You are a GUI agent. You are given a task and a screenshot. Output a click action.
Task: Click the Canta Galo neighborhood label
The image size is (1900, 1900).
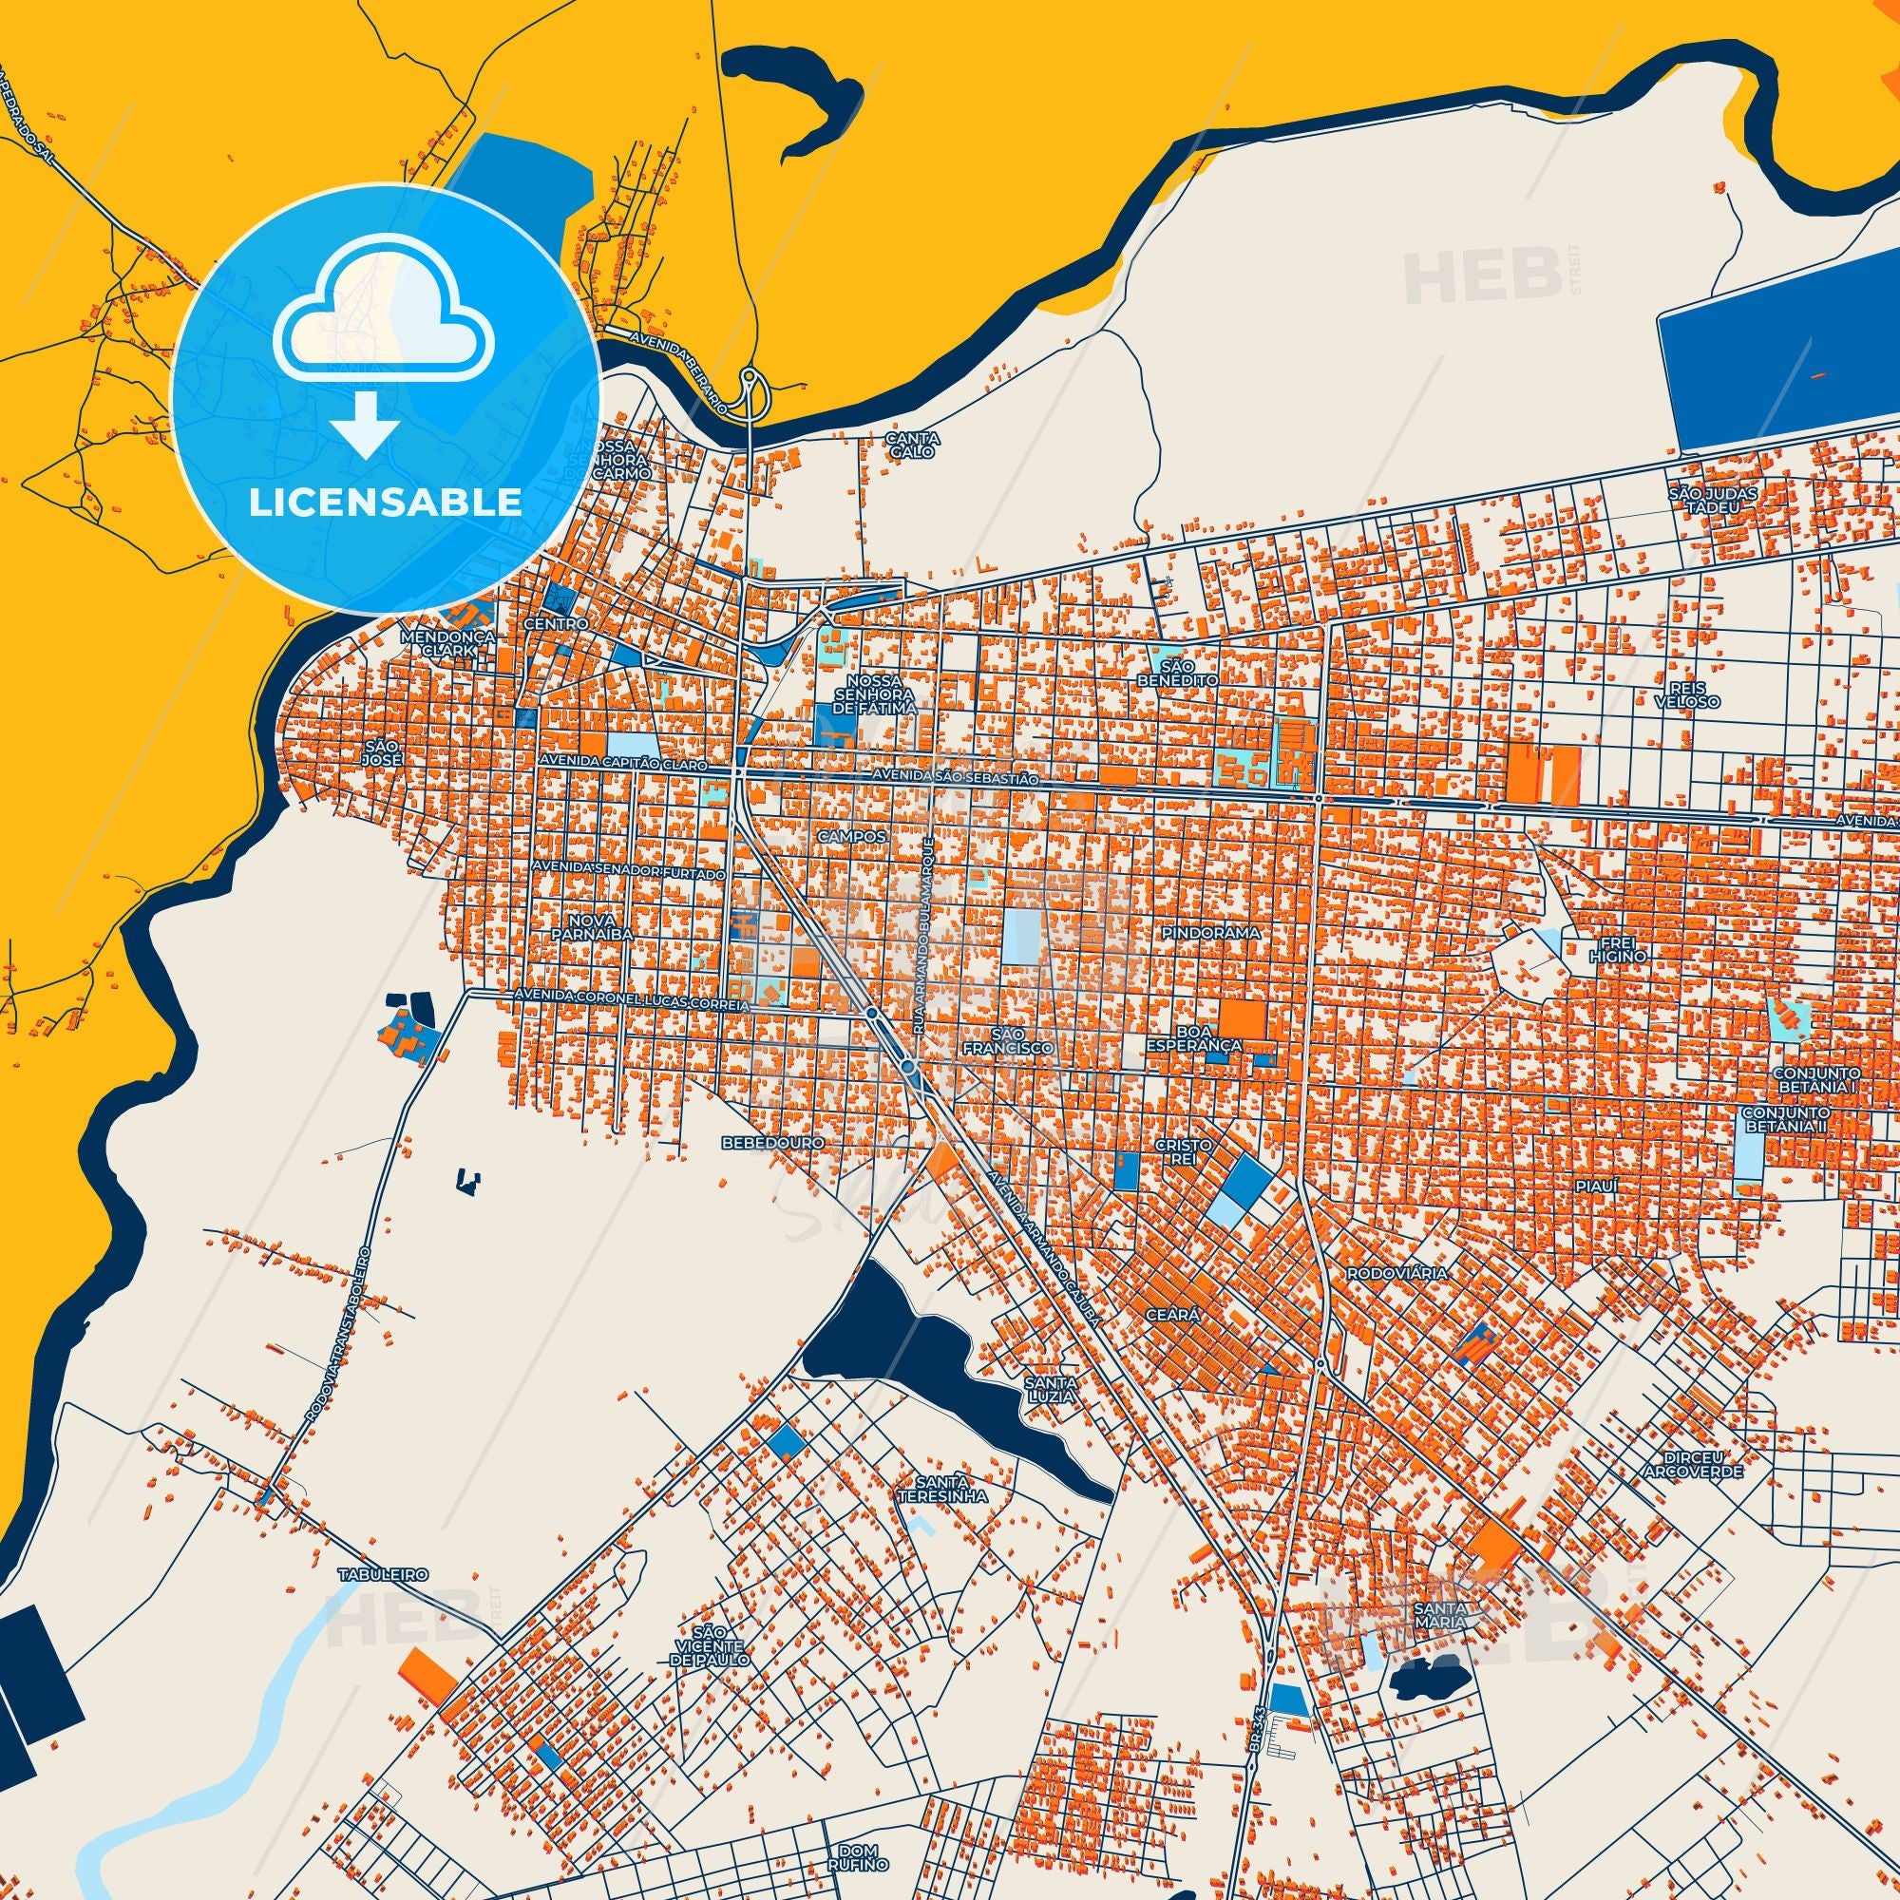click(913, 446)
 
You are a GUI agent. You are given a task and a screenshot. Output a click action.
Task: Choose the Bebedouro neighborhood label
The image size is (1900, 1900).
click(758, 1144)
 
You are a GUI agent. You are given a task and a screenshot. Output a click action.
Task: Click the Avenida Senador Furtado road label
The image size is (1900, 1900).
click(630, 870)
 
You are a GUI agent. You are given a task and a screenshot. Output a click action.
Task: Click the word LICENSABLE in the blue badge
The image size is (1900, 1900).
click(385, 502)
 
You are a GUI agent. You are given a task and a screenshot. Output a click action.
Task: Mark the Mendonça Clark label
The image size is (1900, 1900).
click(438, 643)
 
